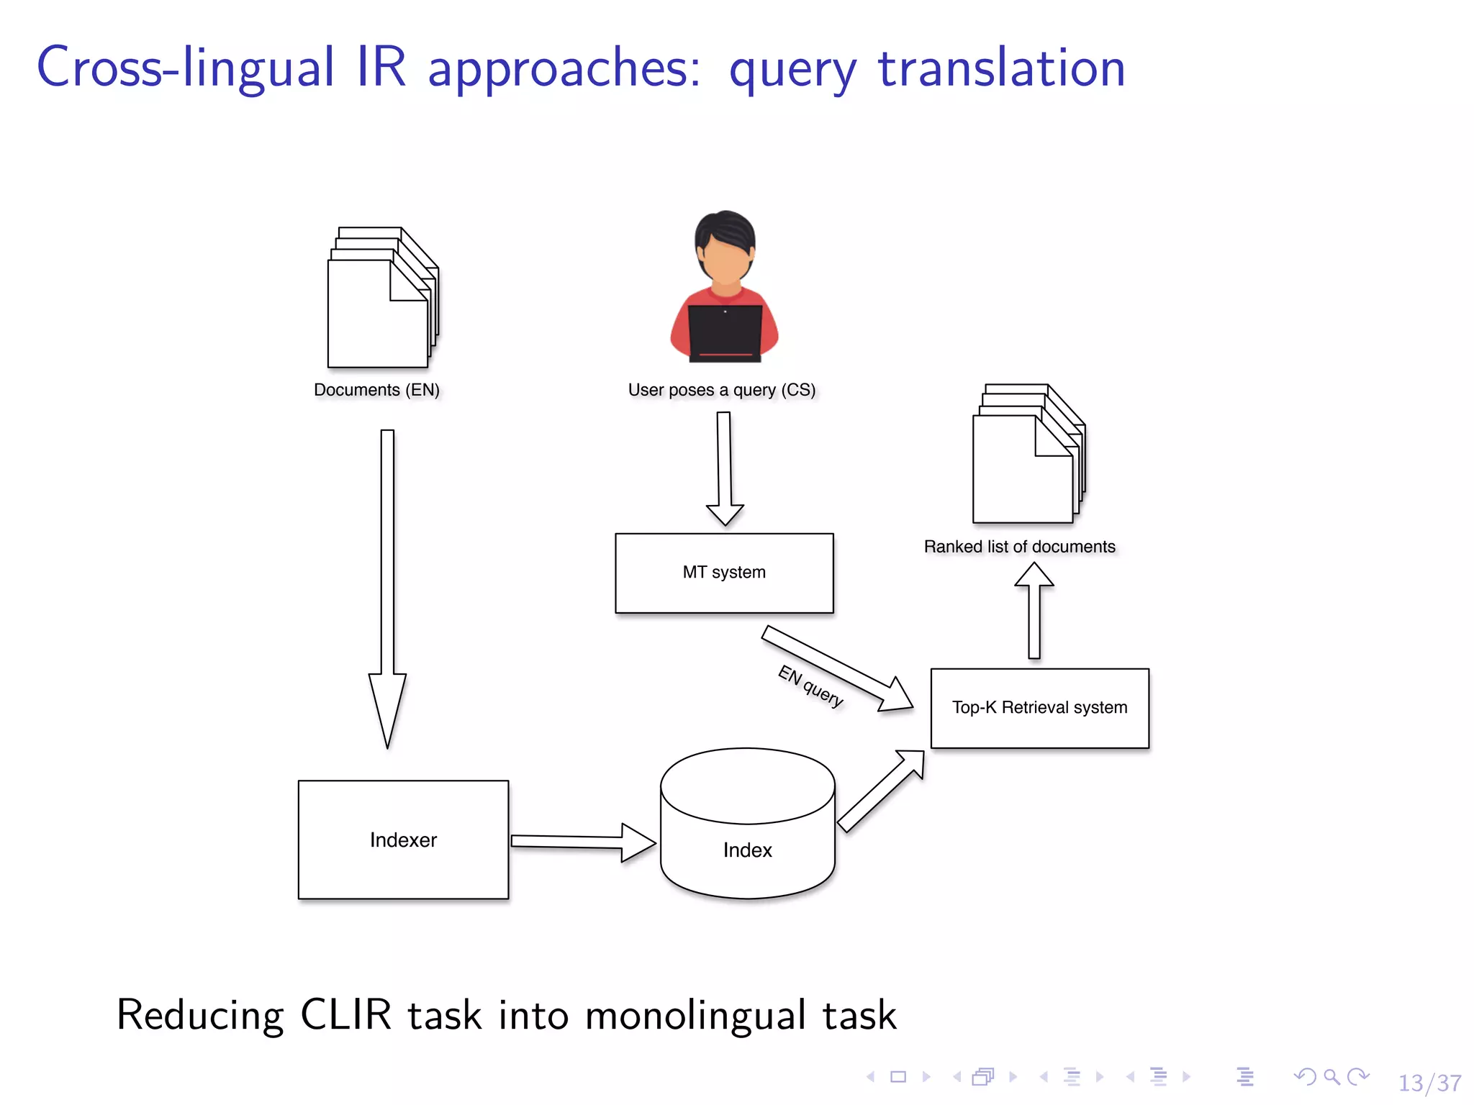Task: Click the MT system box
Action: pyautogui.click(x=724, y=573)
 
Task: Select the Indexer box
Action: pyautogui.click(x=403, y=840)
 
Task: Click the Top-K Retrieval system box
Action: pyautogui.click(x=1039, y=708)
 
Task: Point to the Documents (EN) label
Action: pyautogui.click(x=376, y=390)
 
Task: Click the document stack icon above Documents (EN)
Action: pyautogui.click(x=381, y=298)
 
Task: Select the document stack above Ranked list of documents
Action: pyautogui.click(x=1027, y=455)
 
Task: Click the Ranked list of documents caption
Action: pyautogui.click(x=1019, y=547)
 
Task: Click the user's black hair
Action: pyautogui.click(x=725, y=229)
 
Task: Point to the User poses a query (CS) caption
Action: pyautogui.click(x=721, y=390)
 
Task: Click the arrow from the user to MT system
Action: pyautogui.click(x=724, y=468)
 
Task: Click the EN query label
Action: pyautogui.click(x=810, y=686)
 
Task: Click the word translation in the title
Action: pyautogui.click(x=1001, y=68)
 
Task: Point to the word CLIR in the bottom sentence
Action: pyautogui.click(x=345, y=1015)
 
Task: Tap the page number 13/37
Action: pyautogui.click(x=1429, y=1083)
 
